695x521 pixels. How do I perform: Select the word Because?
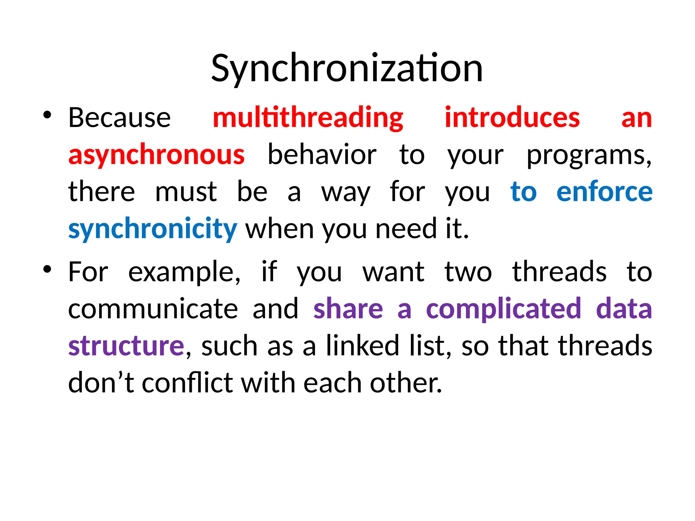click(x=119, y=118)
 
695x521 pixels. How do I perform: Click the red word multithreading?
click(x=308, y=118)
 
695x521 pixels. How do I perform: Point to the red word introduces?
click(x=512, y=118)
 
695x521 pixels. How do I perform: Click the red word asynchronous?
click(x=156, y=155)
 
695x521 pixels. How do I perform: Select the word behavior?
click(x=322, y=155)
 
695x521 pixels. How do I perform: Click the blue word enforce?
click(x=604, y=192)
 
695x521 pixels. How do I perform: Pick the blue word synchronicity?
click(x=152, y=229)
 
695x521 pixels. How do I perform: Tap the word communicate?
click(x=153, y=309)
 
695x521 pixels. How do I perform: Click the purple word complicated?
click(x=504, y=309)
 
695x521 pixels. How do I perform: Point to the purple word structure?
click(x=126, y=346)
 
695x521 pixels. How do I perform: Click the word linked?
click(x=362, y=346)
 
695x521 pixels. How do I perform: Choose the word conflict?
click(x=187, y=383)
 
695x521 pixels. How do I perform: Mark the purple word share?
click(x=348, y=309)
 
